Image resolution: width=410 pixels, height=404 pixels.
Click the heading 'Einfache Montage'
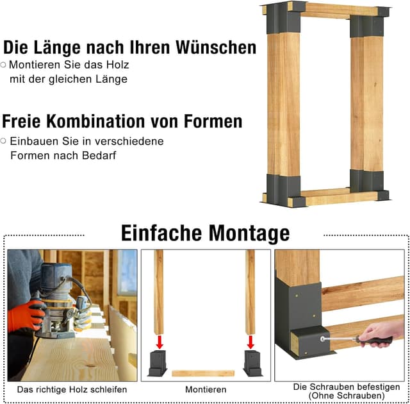pyautogui.click(x=205, y=232)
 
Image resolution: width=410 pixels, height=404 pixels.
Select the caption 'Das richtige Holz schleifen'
pyautogui.click(x=72, y=389)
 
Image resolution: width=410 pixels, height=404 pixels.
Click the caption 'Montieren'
pyautogui.click(x=205, y=389)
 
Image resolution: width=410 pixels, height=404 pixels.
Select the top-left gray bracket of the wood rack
pyautogui.click(x=283, y=19)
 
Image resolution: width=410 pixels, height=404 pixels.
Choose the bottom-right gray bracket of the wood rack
pyautogui.click(x=368, y=184)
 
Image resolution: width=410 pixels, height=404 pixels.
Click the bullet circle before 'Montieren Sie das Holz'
pyautogui.click(x=4, y=65)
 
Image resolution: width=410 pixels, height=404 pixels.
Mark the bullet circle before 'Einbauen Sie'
pyautogui.click(x=4, y=140)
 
